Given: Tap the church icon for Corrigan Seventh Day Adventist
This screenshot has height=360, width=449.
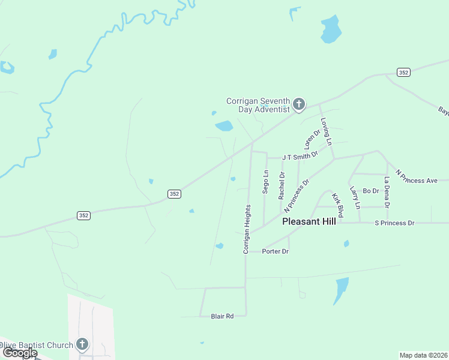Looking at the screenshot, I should pyautogui.click(x=299, y=106).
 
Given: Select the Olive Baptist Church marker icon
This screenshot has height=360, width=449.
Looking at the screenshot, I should pyautogui.click(x=82, y=345).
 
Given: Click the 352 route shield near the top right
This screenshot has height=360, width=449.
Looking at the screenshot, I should pyautogui.click(x=403, y=72).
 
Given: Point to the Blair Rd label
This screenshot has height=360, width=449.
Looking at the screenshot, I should pyautogui.click(x=222, y=316).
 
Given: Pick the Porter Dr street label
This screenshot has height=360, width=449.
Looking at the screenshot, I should pyautogui.click(x=276, y=251).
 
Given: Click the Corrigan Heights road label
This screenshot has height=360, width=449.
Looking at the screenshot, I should pyautogui.click(x=247, y=229).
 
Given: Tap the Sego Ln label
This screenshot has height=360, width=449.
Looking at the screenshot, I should pyautogui.click(x=265, y=181).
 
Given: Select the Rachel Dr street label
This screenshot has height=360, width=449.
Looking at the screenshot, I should pyautogui.click(x=282, y=185).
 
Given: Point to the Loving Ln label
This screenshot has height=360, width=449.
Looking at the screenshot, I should pyautogui.click(x=326, y=131).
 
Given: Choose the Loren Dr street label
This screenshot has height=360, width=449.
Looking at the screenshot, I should pyautogui.click(x=309, y=139).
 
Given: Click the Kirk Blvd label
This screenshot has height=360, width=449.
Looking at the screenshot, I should pyautogui.click(x=339, y=205).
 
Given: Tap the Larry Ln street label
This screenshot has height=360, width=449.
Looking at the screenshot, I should pyautogui.click(x=355, y=197).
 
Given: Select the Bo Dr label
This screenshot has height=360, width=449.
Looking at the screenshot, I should pyautogui.click(x=371, y=191).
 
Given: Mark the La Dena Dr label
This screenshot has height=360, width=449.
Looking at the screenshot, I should pyautogui.click(x=388, y=192).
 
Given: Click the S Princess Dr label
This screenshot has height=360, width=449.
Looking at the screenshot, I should pyautogui.click(x=394, y=223).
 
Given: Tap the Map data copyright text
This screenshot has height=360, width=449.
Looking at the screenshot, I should pyautogui.click(x=423, y=355).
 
